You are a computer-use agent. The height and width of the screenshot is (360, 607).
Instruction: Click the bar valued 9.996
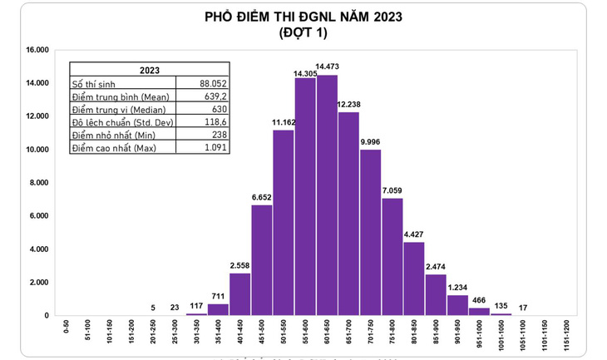[370, 232]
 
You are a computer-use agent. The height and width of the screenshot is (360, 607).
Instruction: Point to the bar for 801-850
[413, 279]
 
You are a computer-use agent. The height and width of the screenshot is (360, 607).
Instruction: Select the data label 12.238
[349, 104]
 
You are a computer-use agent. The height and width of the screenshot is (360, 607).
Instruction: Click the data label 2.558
[239, 266]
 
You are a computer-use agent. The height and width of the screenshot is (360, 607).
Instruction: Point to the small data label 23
[175, 308]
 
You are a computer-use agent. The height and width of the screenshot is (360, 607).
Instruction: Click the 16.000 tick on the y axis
[37, 50]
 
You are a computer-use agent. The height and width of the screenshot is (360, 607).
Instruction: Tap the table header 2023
[150, 71]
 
